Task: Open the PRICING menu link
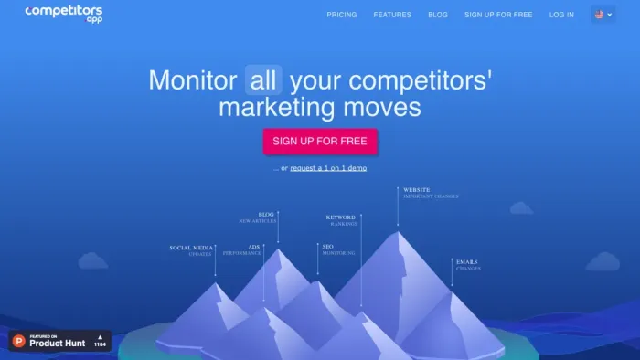342,15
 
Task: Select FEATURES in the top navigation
392,15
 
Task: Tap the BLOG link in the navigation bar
438,15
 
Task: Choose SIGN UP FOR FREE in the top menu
497,15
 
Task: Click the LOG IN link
561,15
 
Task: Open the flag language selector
603,15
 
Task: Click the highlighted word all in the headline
263,80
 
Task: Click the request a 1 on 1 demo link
329,168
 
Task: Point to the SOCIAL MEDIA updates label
192,249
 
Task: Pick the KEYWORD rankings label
341,220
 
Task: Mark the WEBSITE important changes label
430,193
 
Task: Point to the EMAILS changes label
466,264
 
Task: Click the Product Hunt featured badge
59,341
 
